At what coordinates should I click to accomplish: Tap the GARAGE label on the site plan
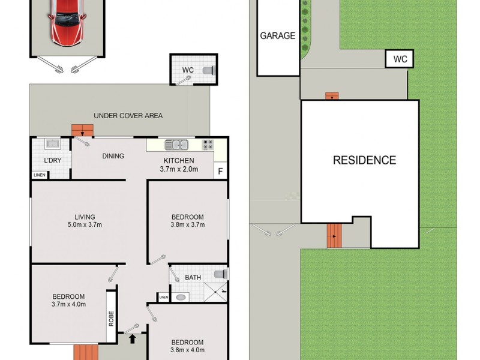point(278,35)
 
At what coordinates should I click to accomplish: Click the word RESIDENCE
point(364,160)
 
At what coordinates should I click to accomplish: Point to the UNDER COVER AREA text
point(128,116)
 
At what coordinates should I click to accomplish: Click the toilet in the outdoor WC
point(208,70)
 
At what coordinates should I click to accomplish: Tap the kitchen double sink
point(176,145)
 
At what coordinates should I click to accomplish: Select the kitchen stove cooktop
point(208,145)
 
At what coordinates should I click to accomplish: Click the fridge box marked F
point(220,171)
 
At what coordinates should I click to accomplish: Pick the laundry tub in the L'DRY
point(52,145)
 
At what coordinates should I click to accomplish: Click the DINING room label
point(113,156)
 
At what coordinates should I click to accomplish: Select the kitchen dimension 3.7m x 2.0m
point(179,169)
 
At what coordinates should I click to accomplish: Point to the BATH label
point(193,277)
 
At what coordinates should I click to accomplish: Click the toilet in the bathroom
point(220,274)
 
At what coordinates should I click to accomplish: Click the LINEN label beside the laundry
point(40,175)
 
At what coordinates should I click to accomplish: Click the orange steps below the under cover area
point(83,130)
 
